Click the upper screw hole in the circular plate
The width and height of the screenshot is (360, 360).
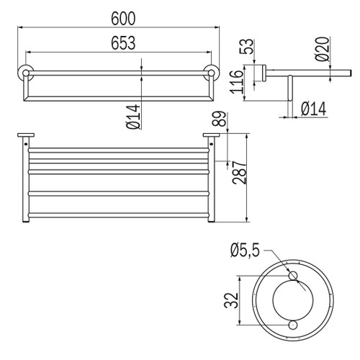[x=292, y=276]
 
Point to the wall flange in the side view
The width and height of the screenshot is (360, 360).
[x=265, y=72]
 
